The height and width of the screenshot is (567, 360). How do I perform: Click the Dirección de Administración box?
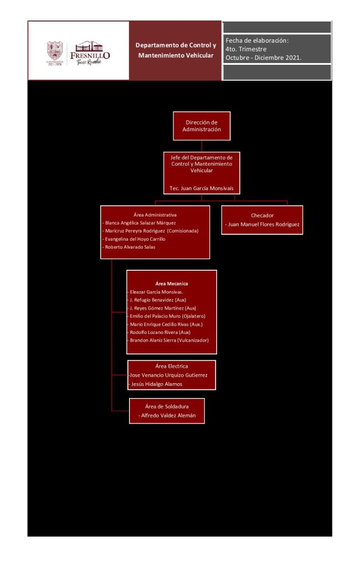click(x=202, y=126)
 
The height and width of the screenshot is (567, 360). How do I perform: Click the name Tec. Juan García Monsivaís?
click(x=202, y=188)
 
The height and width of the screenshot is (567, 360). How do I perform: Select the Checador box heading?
click(x=262, y=215)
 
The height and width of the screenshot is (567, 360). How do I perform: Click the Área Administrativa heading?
click(x=155, y=214)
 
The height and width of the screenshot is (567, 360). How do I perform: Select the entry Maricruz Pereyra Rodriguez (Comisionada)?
click(x=151, y=230)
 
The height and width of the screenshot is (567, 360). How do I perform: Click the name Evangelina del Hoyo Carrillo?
click(x=134, y=239)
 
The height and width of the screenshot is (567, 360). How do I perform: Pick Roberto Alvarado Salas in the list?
click(x=129, y=247)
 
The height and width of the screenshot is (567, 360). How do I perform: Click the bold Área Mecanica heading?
click(x=172, y=283)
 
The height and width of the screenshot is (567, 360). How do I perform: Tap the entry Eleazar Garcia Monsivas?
click(x=156, y=291)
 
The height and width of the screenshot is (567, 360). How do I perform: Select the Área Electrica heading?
click(x=172, y=366)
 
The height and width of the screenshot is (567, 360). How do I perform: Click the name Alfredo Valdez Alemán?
click(x=167, y=415)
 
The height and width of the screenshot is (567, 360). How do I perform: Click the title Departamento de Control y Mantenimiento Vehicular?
click(x=176, y=50)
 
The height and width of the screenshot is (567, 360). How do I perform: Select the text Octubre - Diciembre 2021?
click(x=263, y=58)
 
